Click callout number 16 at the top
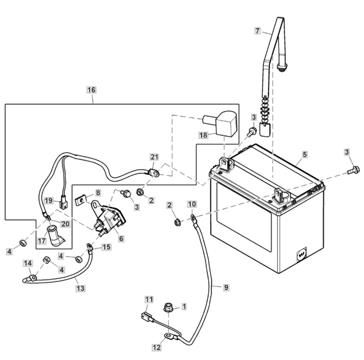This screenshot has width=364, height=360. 91,90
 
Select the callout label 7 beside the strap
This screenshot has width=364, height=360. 257,31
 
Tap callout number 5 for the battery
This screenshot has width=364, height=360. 305,154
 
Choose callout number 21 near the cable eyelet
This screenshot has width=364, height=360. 154,157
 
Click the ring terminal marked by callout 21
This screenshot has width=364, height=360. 156,174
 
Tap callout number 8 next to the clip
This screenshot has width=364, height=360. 98,192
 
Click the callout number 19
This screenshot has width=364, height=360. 48,201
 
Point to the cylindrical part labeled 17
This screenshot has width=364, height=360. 53,235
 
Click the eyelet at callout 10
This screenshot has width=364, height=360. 193,217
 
